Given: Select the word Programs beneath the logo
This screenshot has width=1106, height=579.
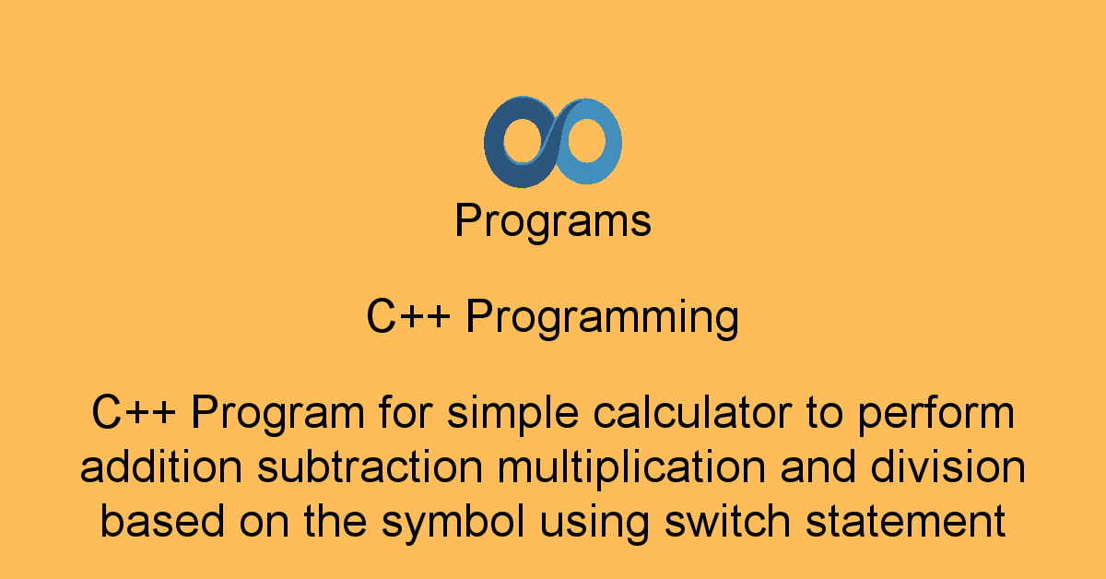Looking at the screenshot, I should [553, 222].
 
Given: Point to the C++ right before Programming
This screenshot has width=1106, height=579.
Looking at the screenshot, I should [407, 318].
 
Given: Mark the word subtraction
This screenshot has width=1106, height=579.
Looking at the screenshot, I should [370, 468].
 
